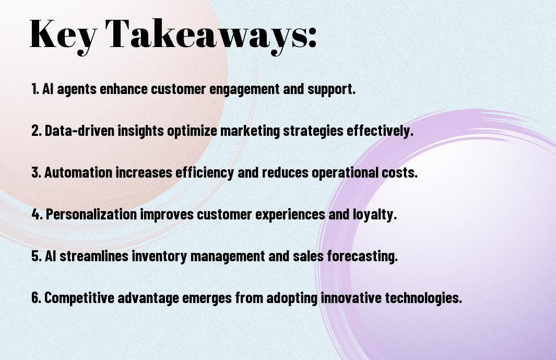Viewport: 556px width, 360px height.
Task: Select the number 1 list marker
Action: coord(35,89)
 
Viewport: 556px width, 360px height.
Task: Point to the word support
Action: coord(332,90)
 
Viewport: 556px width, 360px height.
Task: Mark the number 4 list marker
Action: coord(37,214)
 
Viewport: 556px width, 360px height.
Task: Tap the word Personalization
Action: coord(91,214)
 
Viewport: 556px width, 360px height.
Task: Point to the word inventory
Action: coord(160,257)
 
